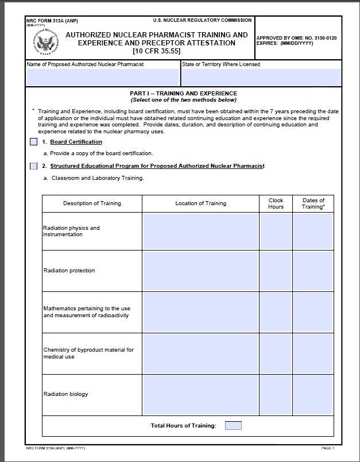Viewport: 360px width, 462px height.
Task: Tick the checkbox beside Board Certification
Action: (33, 142)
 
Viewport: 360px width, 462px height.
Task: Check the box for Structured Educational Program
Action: (33, 166)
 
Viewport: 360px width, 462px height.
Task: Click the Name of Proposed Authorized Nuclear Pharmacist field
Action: (103, 77)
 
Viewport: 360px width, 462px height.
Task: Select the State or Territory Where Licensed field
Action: (261, 77)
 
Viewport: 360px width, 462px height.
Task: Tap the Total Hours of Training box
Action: (233, 426)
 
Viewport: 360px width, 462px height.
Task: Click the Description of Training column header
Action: (92, 203)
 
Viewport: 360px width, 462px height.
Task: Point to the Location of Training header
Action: (200, 203)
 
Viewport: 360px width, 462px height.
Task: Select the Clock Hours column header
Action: (276, 203)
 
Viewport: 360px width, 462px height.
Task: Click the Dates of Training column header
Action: (313, 203)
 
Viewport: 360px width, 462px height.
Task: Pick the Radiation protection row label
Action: (69, 271)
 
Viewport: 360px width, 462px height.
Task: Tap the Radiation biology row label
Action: (66, 394)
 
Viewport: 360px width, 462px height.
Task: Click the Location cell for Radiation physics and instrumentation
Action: (200, 231)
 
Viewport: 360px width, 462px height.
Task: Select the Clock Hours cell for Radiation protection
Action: (276, 271)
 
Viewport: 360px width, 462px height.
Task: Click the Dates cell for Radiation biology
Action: (313, 394)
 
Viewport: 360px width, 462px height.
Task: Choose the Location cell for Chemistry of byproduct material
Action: (200, 353)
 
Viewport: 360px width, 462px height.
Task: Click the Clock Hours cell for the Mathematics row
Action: (276, 312)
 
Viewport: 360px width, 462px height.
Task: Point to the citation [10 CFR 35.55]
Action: (156, 51)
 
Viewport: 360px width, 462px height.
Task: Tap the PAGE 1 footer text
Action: (327, 448)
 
